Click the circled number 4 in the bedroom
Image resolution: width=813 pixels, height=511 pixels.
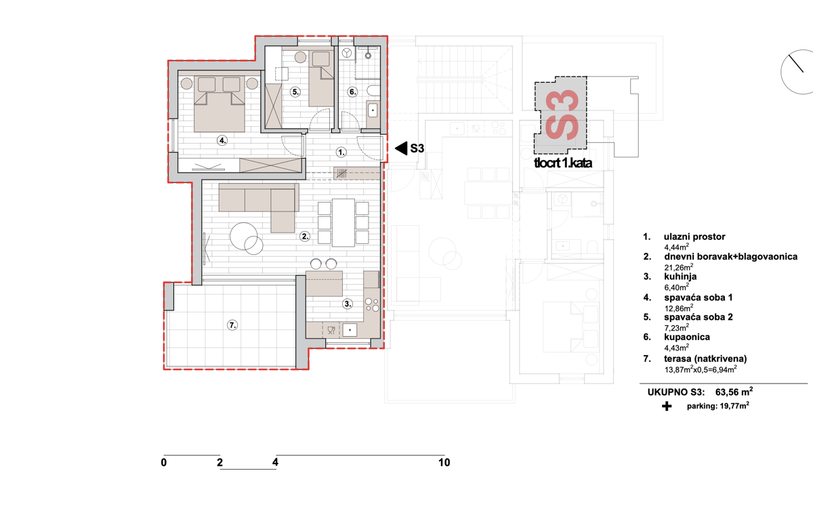coord(222,140)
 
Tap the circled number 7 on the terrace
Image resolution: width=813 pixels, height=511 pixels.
coord(232,325)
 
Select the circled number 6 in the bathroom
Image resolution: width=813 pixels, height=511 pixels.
coord(352,92)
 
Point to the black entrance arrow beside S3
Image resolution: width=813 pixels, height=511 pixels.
coord(401,148)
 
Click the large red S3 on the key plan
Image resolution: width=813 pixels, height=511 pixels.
coord(562,115)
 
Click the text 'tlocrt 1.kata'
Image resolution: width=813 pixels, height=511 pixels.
coord(563,163)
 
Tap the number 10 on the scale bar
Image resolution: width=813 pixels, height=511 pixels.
coord(444,462)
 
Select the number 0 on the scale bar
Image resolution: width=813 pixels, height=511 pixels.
coord(164,462)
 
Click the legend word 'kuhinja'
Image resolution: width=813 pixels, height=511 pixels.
coord(680,277)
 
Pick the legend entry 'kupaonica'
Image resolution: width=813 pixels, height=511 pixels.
coord(687,337)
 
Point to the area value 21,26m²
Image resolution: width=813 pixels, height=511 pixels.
coord(679,267)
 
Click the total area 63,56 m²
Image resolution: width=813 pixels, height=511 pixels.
coord(734,392)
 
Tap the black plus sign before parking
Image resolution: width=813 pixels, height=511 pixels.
coord(667,406)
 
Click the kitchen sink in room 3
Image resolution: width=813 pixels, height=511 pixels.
coord(350,330)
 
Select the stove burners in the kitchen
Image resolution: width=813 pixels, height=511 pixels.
coord(372,304)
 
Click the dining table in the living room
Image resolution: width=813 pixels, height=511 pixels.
coord(343,223)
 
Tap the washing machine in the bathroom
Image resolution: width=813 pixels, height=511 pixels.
coord(347,53)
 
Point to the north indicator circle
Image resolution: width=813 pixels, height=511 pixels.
coord(797,72)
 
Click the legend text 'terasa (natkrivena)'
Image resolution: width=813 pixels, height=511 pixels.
coord(705,359)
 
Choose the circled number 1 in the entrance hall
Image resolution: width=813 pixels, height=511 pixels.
coord(341,152)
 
